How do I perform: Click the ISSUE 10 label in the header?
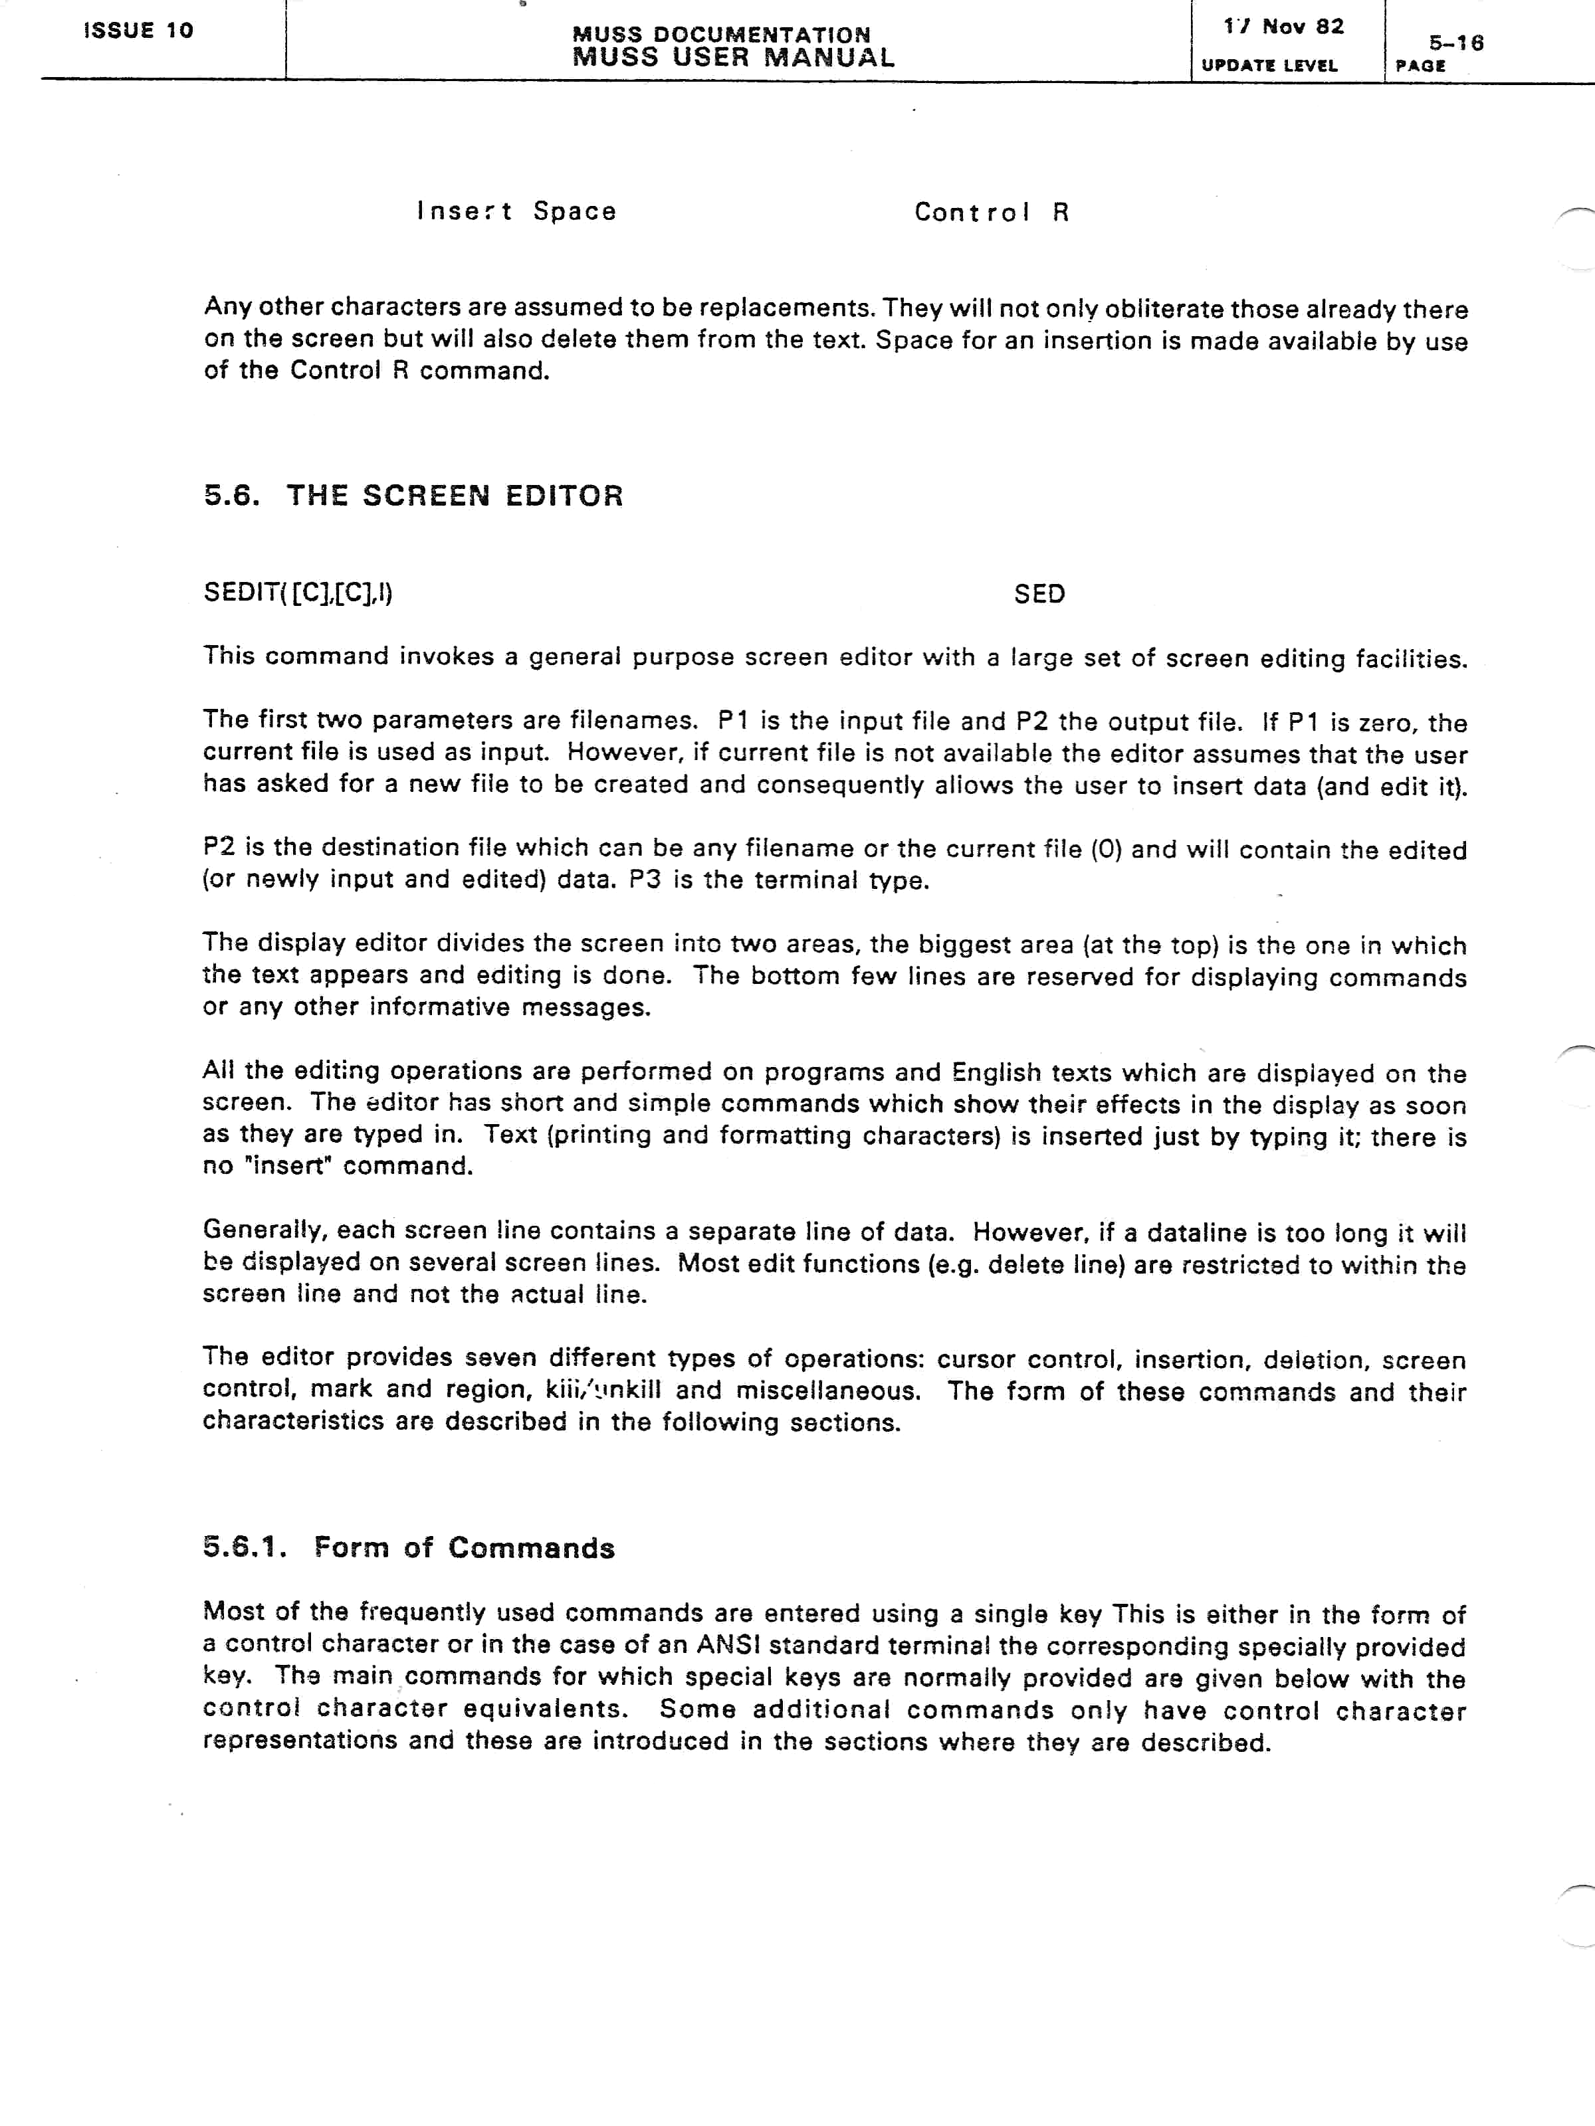[138, 31]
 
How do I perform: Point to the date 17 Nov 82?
[1283, 27]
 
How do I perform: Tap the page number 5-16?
[1455, 43]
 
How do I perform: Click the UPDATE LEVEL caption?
[1269, 65]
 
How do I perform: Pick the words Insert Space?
[516, 211]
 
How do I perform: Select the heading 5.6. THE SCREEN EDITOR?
[413, 496]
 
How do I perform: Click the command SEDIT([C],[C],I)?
[298, 593]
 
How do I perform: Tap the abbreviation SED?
[1039, 594]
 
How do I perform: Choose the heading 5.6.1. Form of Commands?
[409, 1547]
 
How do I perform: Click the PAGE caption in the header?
[1421, 65]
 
